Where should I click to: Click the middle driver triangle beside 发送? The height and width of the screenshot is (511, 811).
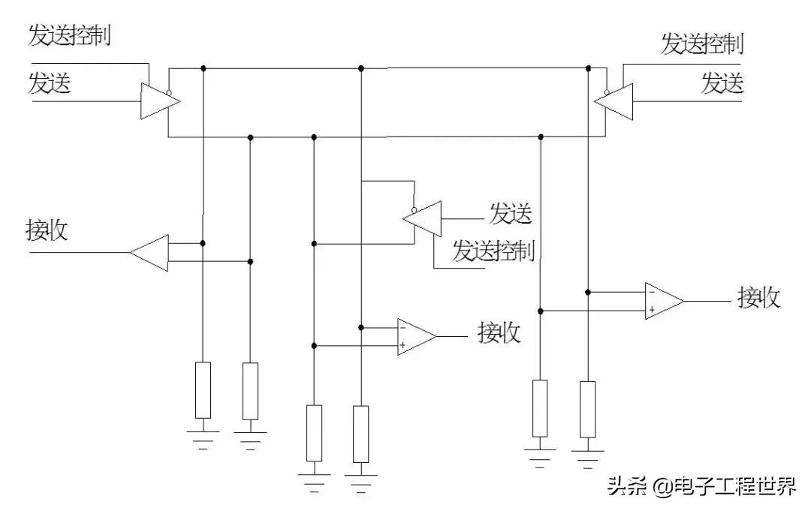pos(422,218)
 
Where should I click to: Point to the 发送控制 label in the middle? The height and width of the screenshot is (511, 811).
pos(493,251)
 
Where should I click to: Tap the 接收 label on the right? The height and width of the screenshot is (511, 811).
pos(759,297)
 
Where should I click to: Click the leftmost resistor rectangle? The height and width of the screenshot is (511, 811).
pos(203,389)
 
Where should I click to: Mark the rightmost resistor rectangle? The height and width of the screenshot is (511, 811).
pos(587,409)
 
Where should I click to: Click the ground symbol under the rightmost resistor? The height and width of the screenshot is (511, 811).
pos(587,455)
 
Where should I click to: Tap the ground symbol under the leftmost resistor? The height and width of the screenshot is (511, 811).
pos(203,436)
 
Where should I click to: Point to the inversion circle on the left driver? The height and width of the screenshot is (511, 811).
pos(170,94)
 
